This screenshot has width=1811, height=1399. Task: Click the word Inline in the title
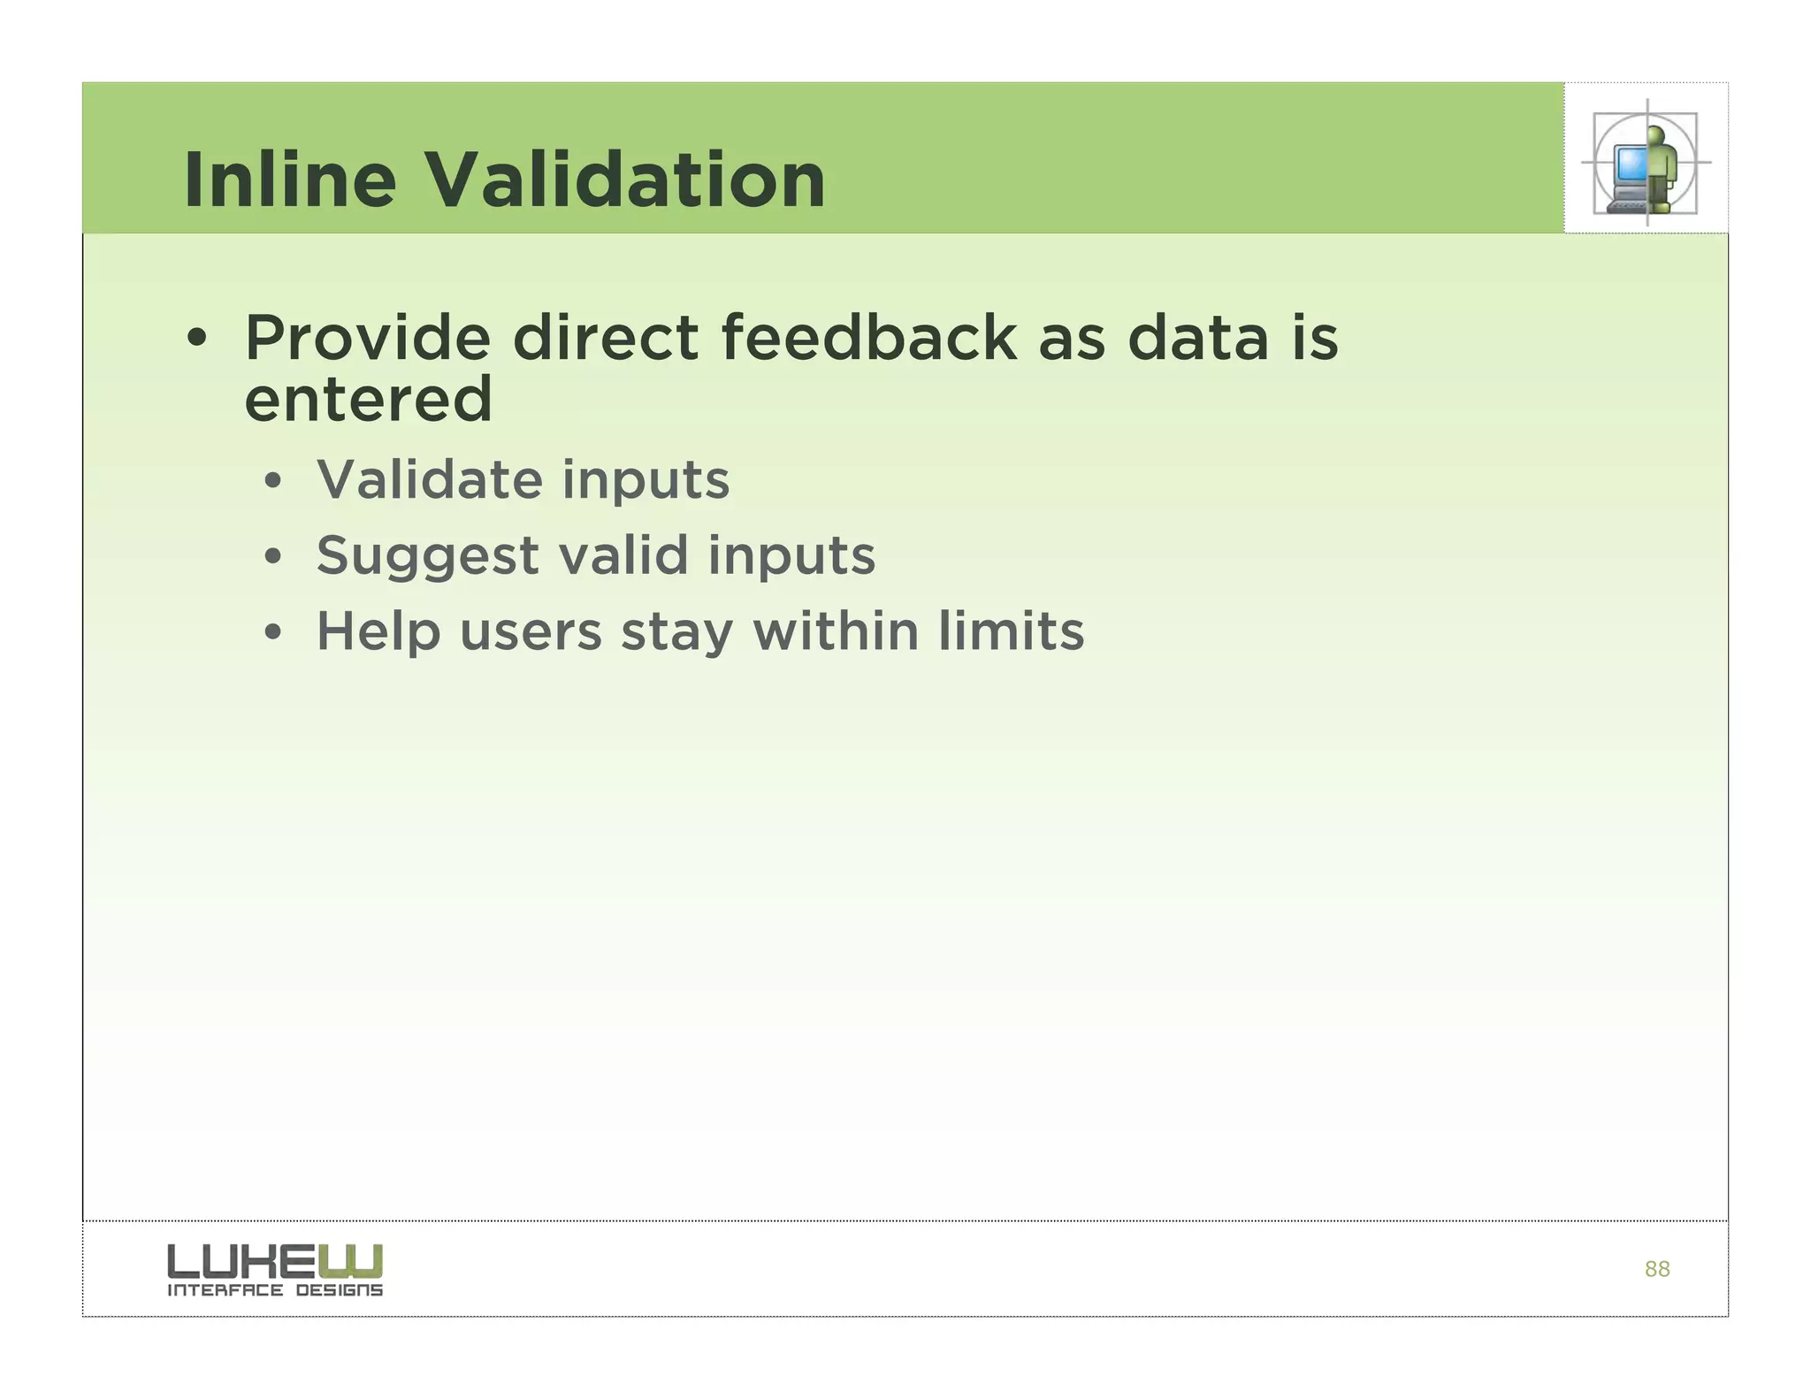[289, 180]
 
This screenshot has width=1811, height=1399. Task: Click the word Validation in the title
[626, 180]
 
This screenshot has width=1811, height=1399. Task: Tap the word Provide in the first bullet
[367, 339]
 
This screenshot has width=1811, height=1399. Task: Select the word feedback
[869, 339]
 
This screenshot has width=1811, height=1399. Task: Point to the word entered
[368, 400]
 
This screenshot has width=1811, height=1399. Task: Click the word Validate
[429, 480]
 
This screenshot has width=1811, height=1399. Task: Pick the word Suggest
[427, 557]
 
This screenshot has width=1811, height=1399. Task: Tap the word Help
[378, 632]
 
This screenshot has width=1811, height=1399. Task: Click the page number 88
[1656, 1270]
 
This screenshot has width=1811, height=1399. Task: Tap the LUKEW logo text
[275, 1261]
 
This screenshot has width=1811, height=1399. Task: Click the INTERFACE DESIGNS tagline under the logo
[275, 1290]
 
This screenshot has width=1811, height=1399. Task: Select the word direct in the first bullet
[605, 339]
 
